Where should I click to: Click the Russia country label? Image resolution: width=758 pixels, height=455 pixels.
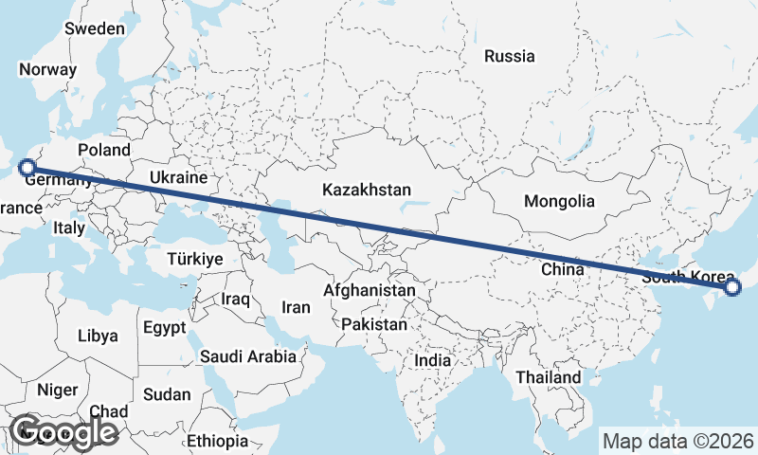(509, 56)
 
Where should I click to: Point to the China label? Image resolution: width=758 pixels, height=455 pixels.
(562, 269)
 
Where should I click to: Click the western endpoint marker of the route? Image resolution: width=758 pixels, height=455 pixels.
(27, 169)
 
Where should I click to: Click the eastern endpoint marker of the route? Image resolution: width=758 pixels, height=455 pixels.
(731, 287)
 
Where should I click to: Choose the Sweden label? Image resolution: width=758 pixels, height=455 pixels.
(95, 28)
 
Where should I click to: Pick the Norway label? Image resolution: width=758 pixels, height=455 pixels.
(47, 69)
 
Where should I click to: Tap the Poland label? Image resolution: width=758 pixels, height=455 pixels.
(104, 150)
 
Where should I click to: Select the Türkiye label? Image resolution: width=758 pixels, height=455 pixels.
(194, 259)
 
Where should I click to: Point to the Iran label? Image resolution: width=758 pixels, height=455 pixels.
(297, 307)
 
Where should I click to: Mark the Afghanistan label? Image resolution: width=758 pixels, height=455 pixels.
(370, 290)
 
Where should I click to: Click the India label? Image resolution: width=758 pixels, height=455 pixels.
(432, 360)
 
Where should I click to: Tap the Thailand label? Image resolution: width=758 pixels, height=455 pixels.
(548, 377)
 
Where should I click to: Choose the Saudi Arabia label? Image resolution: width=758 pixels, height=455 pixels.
(247, 357)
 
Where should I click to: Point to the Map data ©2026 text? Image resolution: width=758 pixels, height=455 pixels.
(678, 441)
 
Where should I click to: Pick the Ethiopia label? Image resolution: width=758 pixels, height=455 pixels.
(217, 441)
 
